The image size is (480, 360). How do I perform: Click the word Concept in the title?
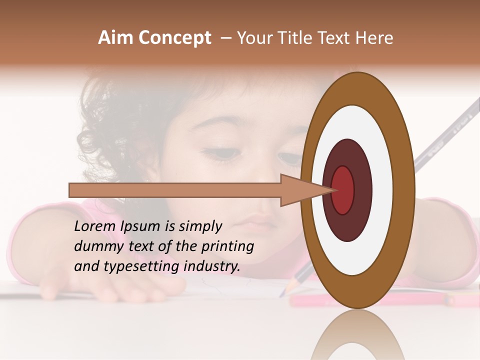(x=175, y=38)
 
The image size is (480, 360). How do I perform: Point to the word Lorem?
(x=95, y=226)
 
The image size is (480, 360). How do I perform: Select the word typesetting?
(x=142, y=267)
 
